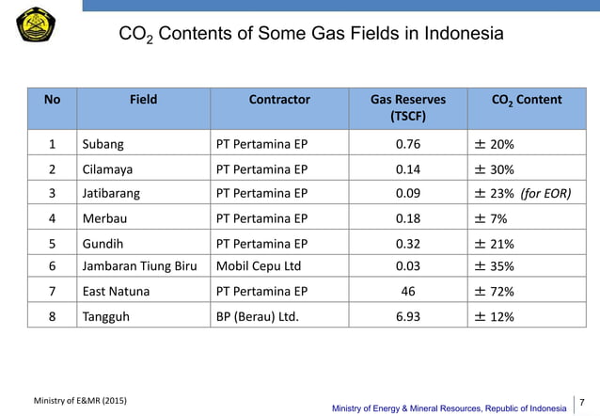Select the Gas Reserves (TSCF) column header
[x=407, y=108]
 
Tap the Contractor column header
[x=279, y=100]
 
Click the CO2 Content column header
[x=527, y=100]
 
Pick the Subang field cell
[x=103, y=145]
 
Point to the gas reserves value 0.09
[x=407, y=194]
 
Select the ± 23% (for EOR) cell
[x=524, y=194]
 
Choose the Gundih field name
[x=104, y=243]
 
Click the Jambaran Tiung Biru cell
[x=140, y=266]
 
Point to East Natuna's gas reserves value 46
[x=407, y=292]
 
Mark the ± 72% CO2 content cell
[x=495, y=292]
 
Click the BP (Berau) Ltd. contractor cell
[x=258, y=316]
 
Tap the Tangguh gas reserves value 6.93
[x=407, y=316]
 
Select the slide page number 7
[x=583, y=403]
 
